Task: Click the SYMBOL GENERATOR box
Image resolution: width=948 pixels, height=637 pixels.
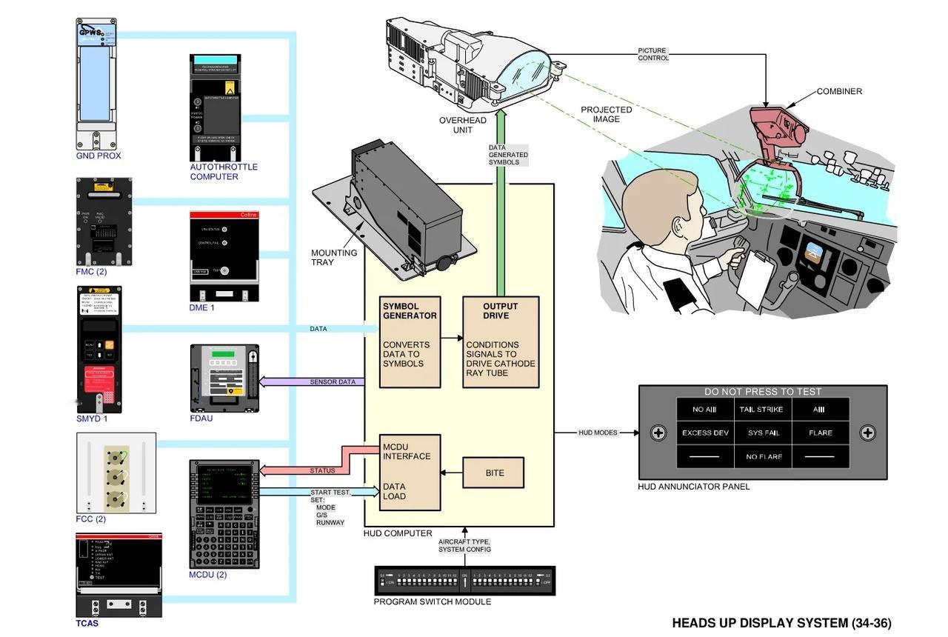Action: [410, 341]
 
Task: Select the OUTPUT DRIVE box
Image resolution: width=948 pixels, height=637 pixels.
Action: [501, 341]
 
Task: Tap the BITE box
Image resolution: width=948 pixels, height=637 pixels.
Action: [494, 473]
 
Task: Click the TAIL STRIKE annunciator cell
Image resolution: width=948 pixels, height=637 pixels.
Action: [761, 410]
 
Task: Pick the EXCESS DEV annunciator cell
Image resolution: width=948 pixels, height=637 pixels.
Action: [706, 433]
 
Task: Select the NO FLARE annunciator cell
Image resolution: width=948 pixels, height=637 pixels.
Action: [764, 457]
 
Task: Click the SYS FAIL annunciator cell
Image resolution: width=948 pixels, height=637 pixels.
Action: [764, 433]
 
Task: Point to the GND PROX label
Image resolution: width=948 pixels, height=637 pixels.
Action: [99, 156]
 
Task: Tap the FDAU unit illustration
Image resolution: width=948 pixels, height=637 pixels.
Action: [224, 378]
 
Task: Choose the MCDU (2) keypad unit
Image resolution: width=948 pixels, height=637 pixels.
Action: [224, 514]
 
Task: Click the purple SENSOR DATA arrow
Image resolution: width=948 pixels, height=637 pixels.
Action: [311, 382]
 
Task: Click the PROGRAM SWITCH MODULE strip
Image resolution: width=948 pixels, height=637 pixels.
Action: [464, 581]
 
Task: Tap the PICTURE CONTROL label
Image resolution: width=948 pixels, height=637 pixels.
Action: [653, 55]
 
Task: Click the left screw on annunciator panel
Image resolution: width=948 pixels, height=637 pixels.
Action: [658, 433]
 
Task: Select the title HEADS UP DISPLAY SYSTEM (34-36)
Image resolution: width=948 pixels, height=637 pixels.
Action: [781, 623]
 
